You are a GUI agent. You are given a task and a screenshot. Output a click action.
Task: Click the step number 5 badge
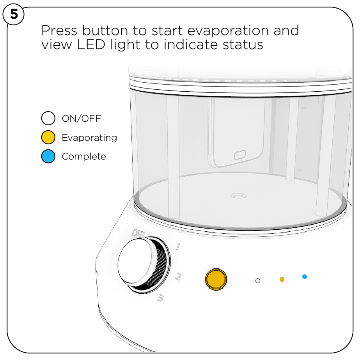tap(14, 15)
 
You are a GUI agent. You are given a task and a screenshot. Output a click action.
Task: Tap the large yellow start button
tap(216, 279)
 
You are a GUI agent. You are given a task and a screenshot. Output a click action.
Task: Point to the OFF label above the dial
tap(138, 234)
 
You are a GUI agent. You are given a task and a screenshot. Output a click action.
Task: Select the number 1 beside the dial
tap(177, 247)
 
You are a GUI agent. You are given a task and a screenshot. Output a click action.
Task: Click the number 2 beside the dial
tap(177, 277)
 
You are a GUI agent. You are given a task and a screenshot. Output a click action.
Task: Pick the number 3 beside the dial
tap(160, 298)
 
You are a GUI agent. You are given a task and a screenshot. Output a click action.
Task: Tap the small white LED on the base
tap(257, 280)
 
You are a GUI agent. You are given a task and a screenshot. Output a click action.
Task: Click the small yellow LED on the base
tap(282, 279)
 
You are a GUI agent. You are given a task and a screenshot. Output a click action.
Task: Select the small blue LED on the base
tap(305, 277)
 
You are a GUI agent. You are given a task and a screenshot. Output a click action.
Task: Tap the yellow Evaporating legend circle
tap(48, 138)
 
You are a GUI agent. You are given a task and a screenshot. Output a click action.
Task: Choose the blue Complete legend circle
tap(48, 156)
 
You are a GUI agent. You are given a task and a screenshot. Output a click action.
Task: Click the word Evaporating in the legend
tap(89, 138)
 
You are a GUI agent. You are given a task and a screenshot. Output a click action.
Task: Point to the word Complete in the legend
tap(84, 156)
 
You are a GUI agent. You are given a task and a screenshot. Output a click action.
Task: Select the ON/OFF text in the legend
tap(81, 119)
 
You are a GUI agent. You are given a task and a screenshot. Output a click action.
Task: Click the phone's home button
tap(239, 156)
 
